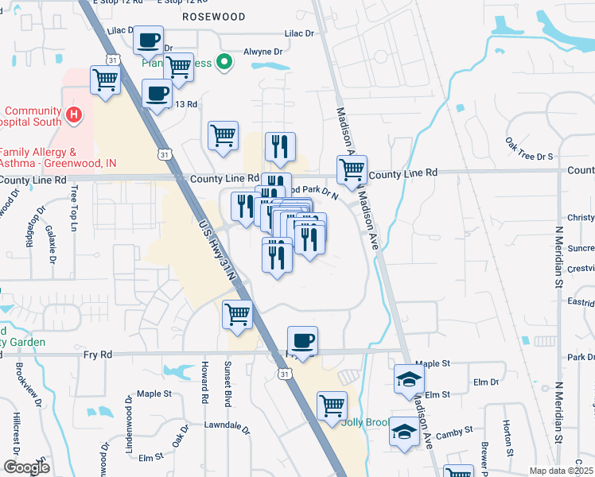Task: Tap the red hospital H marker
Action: tap(73, 116)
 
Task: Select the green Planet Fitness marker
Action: tap(224, 60)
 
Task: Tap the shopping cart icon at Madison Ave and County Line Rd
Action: tap(351, 169)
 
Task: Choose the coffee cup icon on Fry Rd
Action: tap(302, 341)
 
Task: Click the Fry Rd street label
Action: tap(97, 355)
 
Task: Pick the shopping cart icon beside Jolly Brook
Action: tap(332, 405)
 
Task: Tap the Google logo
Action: tap(25, 467)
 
